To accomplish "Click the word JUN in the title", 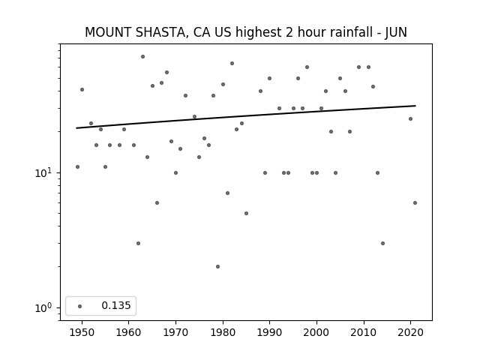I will coord(396,32).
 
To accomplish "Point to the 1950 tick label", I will coord(82,331).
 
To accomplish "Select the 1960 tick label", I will coord(129,331).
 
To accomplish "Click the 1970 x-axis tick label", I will coord(175,331).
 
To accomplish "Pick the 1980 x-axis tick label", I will coord(223,331).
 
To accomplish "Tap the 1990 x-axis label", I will coord(269,331).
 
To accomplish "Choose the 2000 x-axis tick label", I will coord(316,331).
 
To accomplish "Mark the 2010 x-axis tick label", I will coord(364,331).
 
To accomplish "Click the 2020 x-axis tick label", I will coord(410,331).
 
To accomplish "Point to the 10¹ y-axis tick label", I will coord(45,172).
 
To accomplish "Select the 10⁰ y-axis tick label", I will coord(45,308).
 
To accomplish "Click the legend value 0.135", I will coord(115,306).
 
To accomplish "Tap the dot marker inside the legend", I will coord(79,306).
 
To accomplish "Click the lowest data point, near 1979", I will coord(217,266).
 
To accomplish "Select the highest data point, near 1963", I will coord(142,56).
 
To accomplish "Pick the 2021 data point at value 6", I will coord(415,202).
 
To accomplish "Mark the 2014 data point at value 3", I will coord(382,243).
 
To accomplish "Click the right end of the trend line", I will coord(415,106).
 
